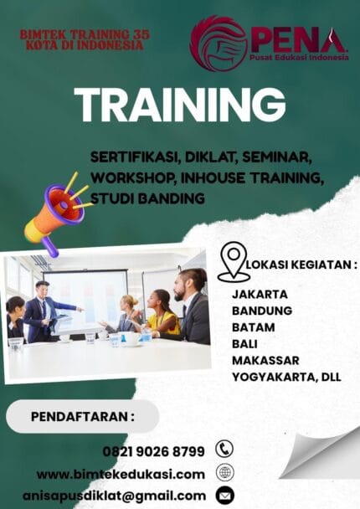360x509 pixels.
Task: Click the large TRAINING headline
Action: click(179, 105)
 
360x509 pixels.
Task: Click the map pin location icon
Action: click(233, 262)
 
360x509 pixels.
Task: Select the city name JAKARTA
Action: click(260, 294)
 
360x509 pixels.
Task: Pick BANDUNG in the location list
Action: click(263, 311)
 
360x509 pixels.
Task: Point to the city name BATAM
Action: click(253, 327)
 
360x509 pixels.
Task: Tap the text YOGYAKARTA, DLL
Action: click(286, 378)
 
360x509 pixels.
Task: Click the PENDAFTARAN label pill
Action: click(82, 416)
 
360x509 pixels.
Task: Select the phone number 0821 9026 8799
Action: click(153, 451)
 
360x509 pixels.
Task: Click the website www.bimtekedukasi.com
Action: click(121, 474)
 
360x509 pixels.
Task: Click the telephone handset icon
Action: click(224, 449)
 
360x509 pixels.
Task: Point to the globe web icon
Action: click(224, 472)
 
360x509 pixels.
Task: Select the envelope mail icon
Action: click(224, 496)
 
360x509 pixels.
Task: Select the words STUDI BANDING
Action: click(148, 198)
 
